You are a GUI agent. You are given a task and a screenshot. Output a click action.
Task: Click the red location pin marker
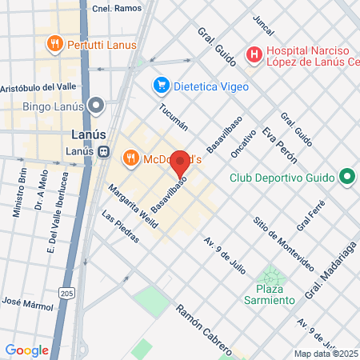click(180, 163)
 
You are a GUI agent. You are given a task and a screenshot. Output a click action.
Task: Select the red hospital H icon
click(254, 55)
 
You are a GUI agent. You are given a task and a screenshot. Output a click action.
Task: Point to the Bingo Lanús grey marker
click(98, 105)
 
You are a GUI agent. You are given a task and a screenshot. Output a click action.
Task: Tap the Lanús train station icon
click(104, 151)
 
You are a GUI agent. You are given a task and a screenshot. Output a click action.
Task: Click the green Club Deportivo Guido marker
click(346, 177)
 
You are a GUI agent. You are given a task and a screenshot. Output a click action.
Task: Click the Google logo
click(27, 350)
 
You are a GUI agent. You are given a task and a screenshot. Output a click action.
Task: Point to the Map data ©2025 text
click(325, 354)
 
